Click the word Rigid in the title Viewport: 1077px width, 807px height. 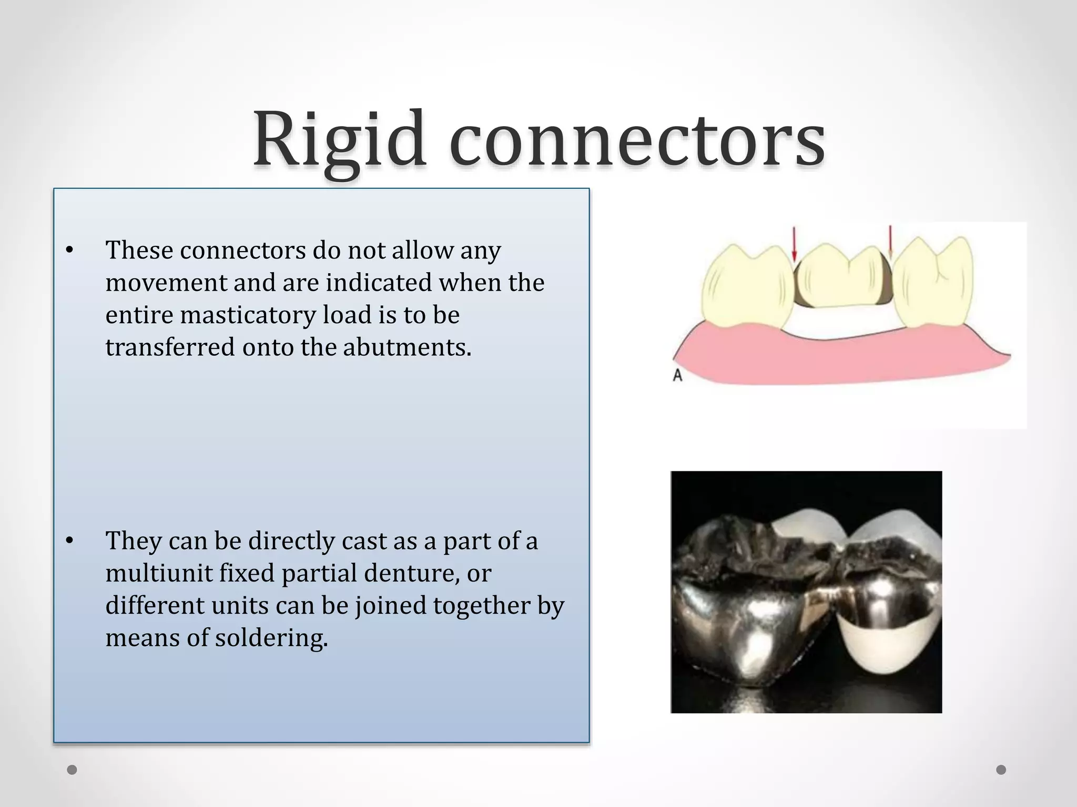pos(339,139)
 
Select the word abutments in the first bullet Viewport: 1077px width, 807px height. pos(407,347)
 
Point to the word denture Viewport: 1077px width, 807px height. pos(411,573)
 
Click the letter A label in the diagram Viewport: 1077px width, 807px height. pos(678,376)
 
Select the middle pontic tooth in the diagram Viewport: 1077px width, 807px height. pos(841,278)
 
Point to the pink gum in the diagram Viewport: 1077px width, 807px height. pos(841,363)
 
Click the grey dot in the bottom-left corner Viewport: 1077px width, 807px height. pos(72,770)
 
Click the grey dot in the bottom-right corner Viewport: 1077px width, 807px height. pos(1001,770)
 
